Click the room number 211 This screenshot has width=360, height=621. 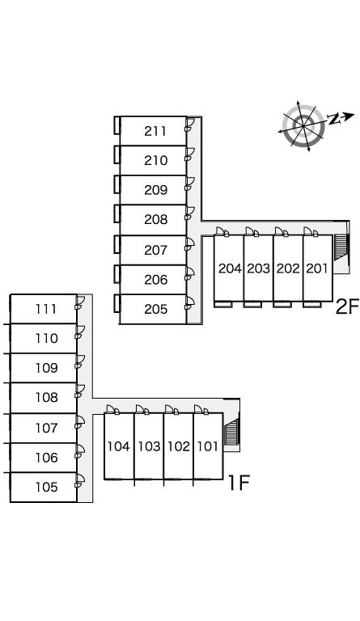[155, 131]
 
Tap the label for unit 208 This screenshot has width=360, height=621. [155, 219]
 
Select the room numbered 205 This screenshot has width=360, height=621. [155, 310]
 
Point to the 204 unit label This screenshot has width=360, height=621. [230, 268]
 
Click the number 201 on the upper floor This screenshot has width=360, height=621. [317, 268]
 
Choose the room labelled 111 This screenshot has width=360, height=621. [46, 309]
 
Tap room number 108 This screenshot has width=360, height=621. [46, 397]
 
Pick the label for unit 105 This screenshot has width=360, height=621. [46, 487]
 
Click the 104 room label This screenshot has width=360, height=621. [118, 446]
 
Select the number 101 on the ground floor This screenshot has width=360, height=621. [208, 446]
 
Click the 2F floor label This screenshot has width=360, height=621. [347, 306]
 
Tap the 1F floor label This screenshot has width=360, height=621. [239, 483]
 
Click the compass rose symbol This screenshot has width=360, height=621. [303, 126]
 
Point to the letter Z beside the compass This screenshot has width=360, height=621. [335, 119]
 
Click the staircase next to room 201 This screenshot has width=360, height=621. [341, 247]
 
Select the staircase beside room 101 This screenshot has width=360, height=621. [231, 432]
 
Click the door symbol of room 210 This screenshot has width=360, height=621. [189, 155]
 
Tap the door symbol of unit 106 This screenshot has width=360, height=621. [79, 451]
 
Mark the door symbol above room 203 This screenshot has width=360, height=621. [252, 232]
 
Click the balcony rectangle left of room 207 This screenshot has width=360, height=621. [116, 244]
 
